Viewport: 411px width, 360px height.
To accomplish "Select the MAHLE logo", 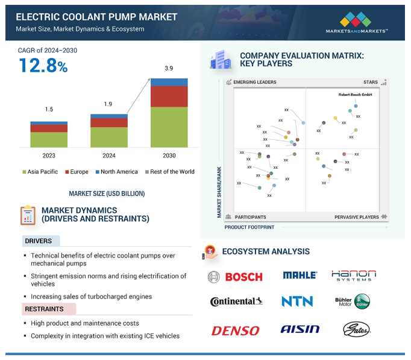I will pos(300,276).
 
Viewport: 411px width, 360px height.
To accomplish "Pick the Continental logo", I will pos(236,302).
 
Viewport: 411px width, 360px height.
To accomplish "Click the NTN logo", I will pos(297,302).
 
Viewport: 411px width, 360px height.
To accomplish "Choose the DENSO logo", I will pos(235,330).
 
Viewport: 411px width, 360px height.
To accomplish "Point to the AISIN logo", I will pos(300,329).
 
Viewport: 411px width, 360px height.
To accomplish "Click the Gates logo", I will pos(356,329).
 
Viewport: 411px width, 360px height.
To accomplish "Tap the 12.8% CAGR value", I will pos(43,66).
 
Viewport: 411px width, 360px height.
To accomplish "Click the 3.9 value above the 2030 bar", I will pos(169,69).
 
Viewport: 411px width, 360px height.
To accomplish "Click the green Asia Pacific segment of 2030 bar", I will pos(169,127).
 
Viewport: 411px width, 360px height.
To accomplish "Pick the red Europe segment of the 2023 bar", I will pos(49,128).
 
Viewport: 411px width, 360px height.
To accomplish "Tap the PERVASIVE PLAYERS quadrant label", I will pos(357,217).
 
